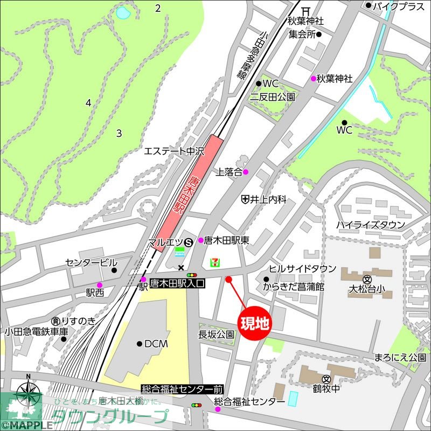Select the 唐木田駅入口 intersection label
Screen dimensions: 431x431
coord(177,281)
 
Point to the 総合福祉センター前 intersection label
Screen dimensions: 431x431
coord(182,388)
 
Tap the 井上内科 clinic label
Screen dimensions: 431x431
coord(268,199)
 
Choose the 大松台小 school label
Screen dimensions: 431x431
coord(367,289)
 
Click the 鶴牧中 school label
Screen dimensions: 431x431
coord(325,388)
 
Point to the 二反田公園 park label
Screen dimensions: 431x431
coord(273,97)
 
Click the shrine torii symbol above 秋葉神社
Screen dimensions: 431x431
coord(305,10)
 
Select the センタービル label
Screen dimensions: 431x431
coord(91,262)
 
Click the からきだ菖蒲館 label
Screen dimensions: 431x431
coord(294,287)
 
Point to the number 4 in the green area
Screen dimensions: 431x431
coord(88,102)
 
